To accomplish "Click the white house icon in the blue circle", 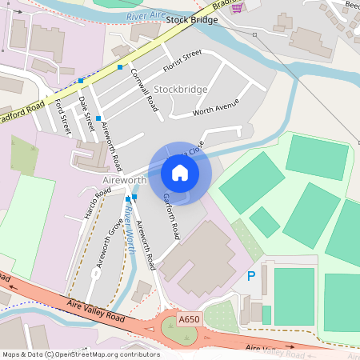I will click(x=180, y=172).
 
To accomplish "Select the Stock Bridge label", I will click(x=192, y=20).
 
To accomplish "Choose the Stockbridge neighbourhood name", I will click(x=181, y=89).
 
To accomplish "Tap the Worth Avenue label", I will click(x=215, y=108).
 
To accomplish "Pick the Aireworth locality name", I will click(x=124, y=180).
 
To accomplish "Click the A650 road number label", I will click(x=188, y=319).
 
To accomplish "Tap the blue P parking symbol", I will click(x=250, y=277).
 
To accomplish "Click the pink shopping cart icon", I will click(x=237, y=6).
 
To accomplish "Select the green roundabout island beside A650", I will click(x=177, y=330).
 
